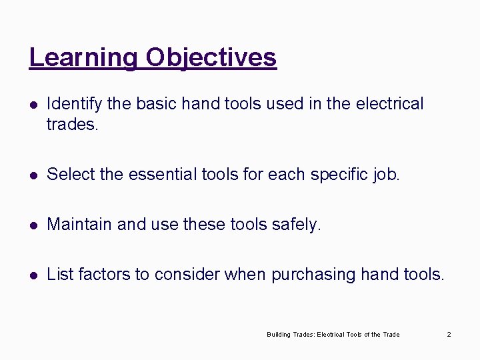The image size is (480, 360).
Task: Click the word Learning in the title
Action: click(83, 57)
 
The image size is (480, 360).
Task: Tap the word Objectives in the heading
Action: click(211, 57)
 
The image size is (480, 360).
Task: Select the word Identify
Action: click(75, 104)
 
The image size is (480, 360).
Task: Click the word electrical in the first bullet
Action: click(390, 104)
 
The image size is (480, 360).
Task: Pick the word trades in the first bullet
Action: click(71, 124)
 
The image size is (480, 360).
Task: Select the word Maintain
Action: click(79, 225)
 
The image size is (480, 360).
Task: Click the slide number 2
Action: click(449, 334)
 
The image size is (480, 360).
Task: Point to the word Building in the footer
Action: click(278, 334)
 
